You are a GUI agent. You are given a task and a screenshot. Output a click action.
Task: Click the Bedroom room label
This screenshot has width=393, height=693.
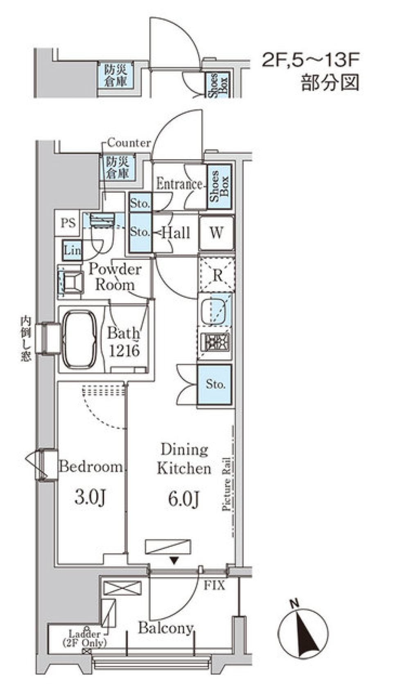[90, 467]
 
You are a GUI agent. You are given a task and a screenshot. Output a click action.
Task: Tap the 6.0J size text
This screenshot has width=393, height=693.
[183, 499]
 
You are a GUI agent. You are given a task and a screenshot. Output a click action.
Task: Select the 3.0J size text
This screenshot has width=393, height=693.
[90, 497]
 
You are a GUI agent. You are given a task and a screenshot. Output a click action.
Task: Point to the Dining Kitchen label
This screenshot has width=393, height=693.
[184, 459]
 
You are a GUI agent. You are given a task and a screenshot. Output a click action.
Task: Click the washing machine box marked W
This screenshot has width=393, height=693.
[216, 233]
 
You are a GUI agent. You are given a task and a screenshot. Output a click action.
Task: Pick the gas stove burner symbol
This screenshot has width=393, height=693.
[215, 342]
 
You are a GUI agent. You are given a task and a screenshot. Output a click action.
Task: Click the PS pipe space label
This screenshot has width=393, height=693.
[68, 223]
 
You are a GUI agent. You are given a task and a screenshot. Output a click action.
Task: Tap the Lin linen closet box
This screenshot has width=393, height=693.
[72, 250]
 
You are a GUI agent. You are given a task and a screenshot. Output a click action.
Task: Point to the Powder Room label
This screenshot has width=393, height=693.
[115, 277]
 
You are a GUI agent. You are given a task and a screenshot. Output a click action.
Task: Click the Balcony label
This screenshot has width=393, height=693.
[166, 628]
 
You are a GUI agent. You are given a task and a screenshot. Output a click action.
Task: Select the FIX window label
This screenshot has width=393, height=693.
[214, 585]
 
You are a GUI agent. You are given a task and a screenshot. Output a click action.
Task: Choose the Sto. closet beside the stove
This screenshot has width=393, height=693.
[215, 384]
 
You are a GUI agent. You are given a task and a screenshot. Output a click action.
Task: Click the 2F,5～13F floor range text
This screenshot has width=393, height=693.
[310, 60]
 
